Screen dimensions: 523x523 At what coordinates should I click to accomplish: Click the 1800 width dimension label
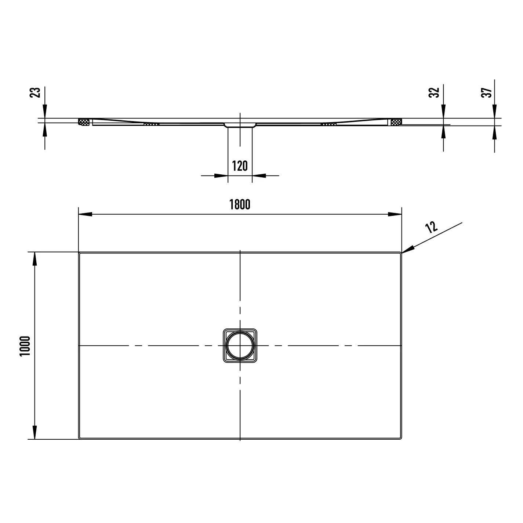click(240, 204)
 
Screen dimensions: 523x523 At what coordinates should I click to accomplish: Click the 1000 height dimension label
click(25, 346)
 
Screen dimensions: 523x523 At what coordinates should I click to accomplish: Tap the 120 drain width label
click(240, 166)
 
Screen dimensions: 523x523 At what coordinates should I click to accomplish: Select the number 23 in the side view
click(35, 92)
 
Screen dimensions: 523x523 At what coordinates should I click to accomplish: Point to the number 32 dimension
click(434, 92)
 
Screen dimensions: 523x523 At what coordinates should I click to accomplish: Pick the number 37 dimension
click(486, 92)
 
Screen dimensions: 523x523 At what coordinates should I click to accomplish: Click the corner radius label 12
click(431, 227)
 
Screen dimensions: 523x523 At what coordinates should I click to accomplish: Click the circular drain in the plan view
click(240, 345)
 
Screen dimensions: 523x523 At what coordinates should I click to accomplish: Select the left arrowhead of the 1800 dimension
click(85, 214)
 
